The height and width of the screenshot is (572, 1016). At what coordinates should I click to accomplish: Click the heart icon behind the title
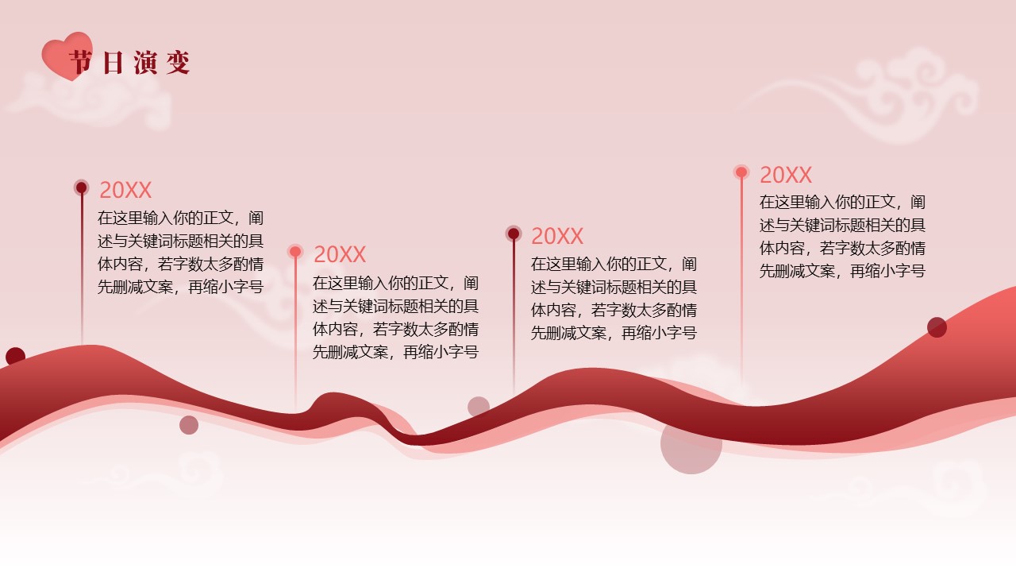(x=67, y=56)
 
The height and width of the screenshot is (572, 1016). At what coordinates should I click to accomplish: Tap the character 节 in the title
(x=81, y=62)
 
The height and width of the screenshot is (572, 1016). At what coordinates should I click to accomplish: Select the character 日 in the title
(x=113, y=62)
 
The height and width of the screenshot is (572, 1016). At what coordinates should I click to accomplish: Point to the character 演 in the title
(x=145, y=62)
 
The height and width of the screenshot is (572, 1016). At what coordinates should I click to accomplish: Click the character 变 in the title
(x=178, y=62)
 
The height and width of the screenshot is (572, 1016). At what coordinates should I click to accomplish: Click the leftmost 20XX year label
(x=125, y=190)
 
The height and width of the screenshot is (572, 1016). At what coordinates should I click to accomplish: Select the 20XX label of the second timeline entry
(x=339, y=254)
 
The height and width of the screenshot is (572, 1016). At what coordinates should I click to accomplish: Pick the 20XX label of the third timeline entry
(x=557, y=236)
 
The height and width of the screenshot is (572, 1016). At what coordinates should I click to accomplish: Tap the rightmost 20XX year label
(x=786, y=175)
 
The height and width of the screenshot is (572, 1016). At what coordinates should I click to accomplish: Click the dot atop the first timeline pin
(x=81, y=187)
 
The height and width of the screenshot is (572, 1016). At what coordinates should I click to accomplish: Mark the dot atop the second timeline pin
(x=295, y=252)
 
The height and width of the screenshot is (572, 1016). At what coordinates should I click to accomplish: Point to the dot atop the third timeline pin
(x=514, y=234)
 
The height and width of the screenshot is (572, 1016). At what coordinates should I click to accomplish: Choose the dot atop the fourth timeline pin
(x=741, y=172)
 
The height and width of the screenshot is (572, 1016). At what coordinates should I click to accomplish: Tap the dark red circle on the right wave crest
(x=937, y=327)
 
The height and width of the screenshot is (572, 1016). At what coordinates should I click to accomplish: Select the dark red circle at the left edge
(x=15, y=357)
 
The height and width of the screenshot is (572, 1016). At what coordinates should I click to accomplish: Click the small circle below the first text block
(x=189, y=425)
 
